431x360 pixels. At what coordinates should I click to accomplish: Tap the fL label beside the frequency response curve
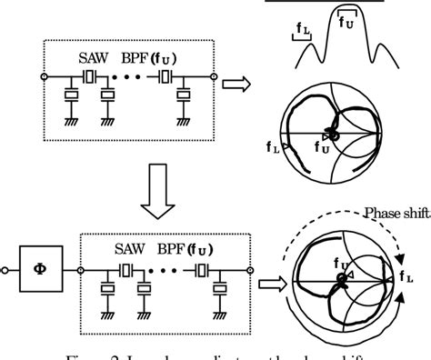302,33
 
